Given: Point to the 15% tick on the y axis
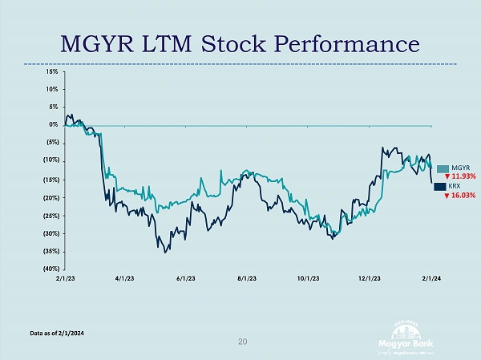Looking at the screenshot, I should pyautogui.click(x=51, y=71).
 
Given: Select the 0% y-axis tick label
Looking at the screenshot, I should pyautogui.click(x=52, y=125).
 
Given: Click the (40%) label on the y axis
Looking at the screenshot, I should pyautogui.click(x=50, y=269).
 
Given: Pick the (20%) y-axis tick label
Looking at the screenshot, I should pyautogui.click(x=50, y=197).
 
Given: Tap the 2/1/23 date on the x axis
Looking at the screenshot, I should pyautogui.click(x=65, y=279).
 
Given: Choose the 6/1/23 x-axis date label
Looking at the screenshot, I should pyautogui.click(x=185, y=279).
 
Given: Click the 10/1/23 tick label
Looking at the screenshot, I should pyautogui.click(x=309, y=279).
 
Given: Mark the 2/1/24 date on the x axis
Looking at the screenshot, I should pyautogui.click(x=432, y=279).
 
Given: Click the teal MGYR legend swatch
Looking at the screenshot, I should pyautogui.click(x=442, y=168).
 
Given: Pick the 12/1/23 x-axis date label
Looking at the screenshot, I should pyautogui.click(x=370, y=279).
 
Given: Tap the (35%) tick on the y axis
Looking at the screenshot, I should pyautogui.click(x=50, y=251).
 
